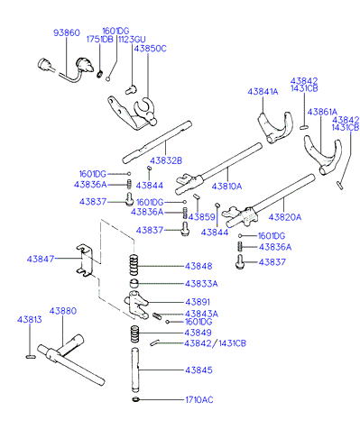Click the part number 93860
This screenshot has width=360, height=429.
pos(67,32)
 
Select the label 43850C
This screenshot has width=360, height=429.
pos(150,49)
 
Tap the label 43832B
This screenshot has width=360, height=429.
pos(166,160)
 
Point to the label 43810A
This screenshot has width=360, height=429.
pos(226,187)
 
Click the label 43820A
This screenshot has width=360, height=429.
pos(284,217)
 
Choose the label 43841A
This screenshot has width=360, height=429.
pos(263,91)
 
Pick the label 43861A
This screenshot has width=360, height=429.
pos(322,112)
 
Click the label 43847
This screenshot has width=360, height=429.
pos(41,259)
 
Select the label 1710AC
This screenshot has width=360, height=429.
pos(199,400)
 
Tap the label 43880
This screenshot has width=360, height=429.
pos(63,311)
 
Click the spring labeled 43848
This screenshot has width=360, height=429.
pos(134,265)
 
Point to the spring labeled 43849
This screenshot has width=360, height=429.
pos(134,333)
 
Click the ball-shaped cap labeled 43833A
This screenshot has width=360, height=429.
pos(134,283)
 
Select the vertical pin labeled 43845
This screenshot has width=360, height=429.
pos(134,370)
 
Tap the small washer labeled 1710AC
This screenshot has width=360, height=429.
pos(135,399)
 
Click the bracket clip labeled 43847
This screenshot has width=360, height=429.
pos(84,260)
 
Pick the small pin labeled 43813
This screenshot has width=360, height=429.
pos(31,357)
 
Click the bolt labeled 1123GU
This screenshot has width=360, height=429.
pos(131,89)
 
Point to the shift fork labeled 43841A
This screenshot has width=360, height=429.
pos(274,127)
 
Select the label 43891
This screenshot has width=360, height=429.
pos(198,302)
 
